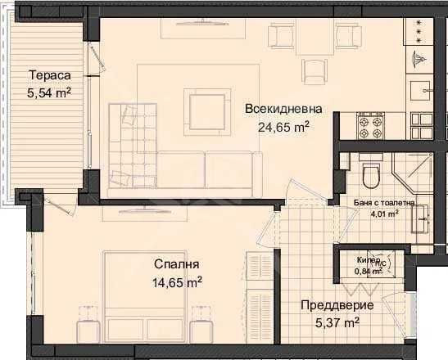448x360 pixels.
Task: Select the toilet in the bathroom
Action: click(x=371, y=173)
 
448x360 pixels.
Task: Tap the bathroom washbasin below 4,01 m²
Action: click(x=422, y=217)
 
